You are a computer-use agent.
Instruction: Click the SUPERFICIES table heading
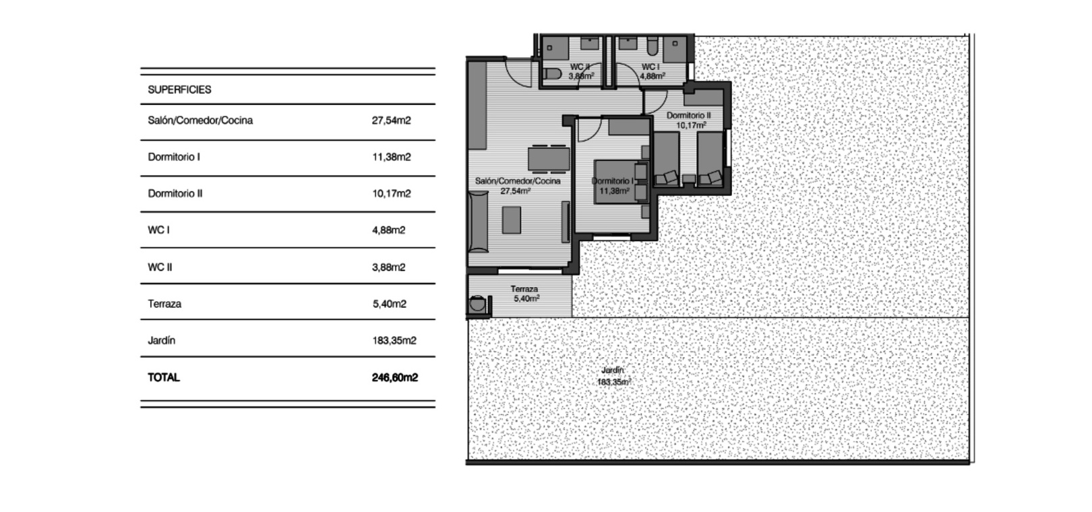179,90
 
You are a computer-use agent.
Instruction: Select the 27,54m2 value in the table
391,121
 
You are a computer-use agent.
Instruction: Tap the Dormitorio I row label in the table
174,157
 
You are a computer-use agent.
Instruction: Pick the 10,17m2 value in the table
392,193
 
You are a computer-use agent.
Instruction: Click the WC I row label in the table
159,230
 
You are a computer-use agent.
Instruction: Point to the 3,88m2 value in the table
388,267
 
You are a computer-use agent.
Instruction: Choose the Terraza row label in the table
164,304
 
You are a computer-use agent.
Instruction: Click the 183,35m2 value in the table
394,340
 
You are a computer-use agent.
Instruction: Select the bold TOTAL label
164,377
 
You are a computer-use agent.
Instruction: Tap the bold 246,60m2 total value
395,377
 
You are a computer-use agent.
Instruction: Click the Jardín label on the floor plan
613,371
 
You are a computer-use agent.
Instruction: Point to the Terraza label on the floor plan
524,289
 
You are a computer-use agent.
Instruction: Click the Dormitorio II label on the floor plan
689,115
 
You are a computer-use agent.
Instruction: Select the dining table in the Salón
549,158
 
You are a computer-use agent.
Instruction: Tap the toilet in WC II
553,74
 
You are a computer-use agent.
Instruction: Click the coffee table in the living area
512,220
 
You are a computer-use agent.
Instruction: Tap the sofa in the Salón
478,222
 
